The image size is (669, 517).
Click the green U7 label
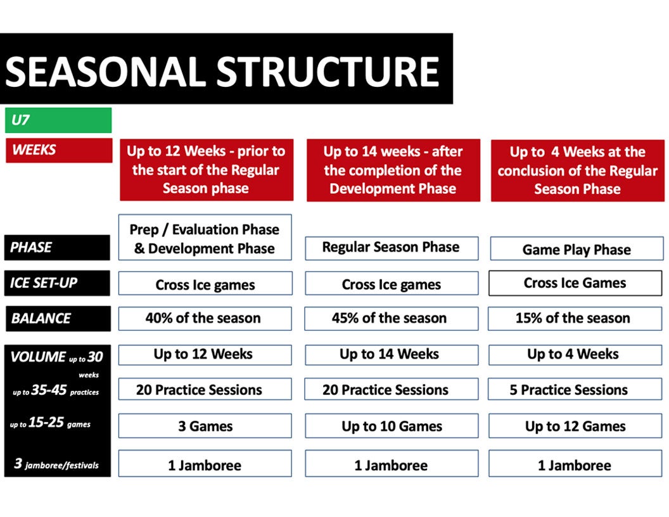point(58,120)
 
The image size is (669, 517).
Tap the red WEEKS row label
point(59,150)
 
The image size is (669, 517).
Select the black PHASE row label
point(57,247)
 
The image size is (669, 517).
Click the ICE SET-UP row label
point(57,283)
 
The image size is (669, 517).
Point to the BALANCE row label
point(58,319)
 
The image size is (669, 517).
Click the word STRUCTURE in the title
point(328,71)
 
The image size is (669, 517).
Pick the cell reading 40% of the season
point(205,318)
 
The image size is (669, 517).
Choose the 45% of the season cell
point(392,318)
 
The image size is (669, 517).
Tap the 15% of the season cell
point(575,318)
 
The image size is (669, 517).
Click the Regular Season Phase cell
point(392,248)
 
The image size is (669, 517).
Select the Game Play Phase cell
point(577,249)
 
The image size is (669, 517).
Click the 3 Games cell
point(205,426)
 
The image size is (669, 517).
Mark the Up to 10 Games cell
point(392,426)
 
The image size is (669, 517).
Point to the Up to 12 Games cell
point(575,426)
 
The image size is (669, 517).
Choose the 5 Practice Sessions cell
point(575,389)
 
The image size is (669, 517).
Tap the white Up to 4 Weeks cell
point(575,355)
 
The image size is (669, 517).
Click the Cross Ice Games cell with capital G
point(575,283)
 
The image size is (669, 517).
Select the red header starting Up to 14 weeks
point(393,170)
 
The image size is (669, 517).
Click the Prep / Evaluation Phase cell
point(205,237)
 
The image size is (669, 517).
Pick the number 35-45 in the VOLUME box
point(49,390)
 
